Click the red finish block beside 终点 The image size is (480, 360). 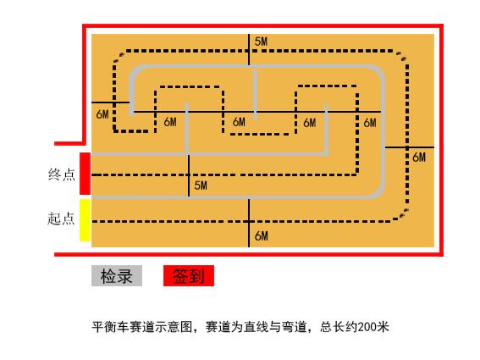click(86, 174)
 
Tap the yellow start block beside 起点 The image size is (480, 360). click(86, 220)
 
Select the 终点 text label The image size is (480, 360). click(62, 174)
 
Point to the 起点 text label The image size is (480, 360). click(61, 219)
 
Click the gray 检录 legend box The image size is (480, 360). click(117, 276)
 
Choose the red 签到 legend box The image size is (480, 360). click(189, 276)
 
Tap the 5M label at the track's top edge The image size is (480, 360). click(261, 42)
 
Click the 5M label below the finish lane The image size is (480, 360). click(201, 185)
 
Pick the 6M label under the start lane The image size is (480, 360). click(262, 236)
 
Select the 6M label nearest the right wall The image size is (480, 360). click(419, 158)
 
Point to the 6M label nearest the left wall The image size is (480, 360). click(102, 114)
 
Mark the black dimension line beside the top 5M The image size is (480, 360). click(249, 49)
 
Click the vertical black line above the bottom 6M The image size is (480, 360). click(249, 223)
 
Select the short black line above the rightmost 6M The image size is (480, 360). click(409, 147)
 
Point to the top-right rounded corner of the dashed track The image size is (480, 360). click(402, 56)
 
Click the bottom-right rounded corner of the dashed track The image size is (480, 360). click(401, 215)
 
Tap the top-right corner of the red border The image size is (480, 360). click(441, 25)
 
